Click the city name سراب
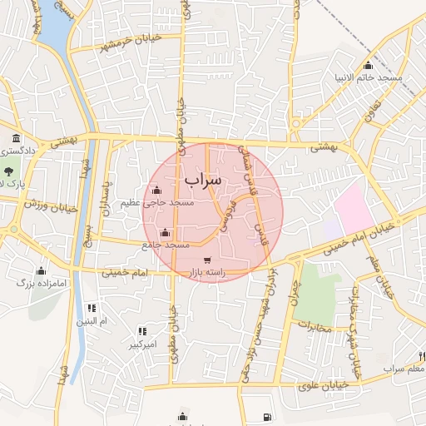coord(204,179)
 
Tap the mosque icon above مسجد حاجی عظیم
coord(157,191)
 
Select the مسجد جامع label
coord(166,245)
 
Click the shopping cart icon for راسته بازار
coord(206,260)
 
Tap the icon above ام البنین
coord(91,308)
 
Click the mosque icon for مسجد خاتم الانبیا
coord(369,67)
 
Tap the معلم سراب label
coord(404,368)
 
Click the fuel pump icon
coord(265,417)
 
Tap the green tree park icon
coord(2,181)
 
